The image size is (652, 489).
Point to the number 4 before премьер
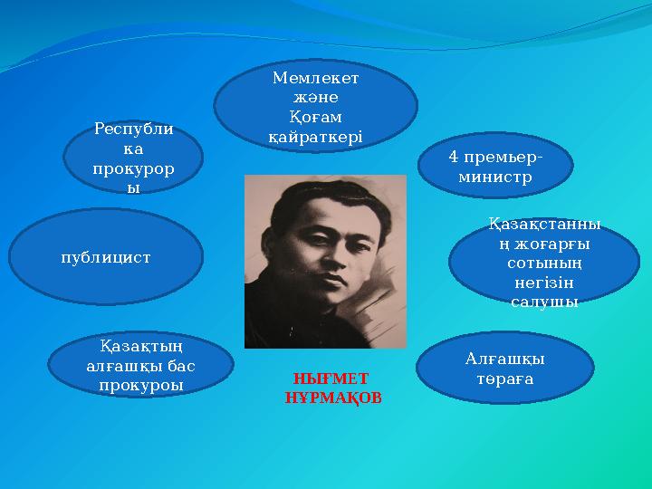coord(453,157)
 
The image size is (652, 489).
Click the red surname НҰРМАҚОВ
coord(332,398)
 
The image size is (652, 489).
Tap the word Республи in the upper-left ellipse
coord(134,130)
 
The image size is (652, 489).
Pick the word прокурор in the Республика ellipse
coord(134,169)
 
